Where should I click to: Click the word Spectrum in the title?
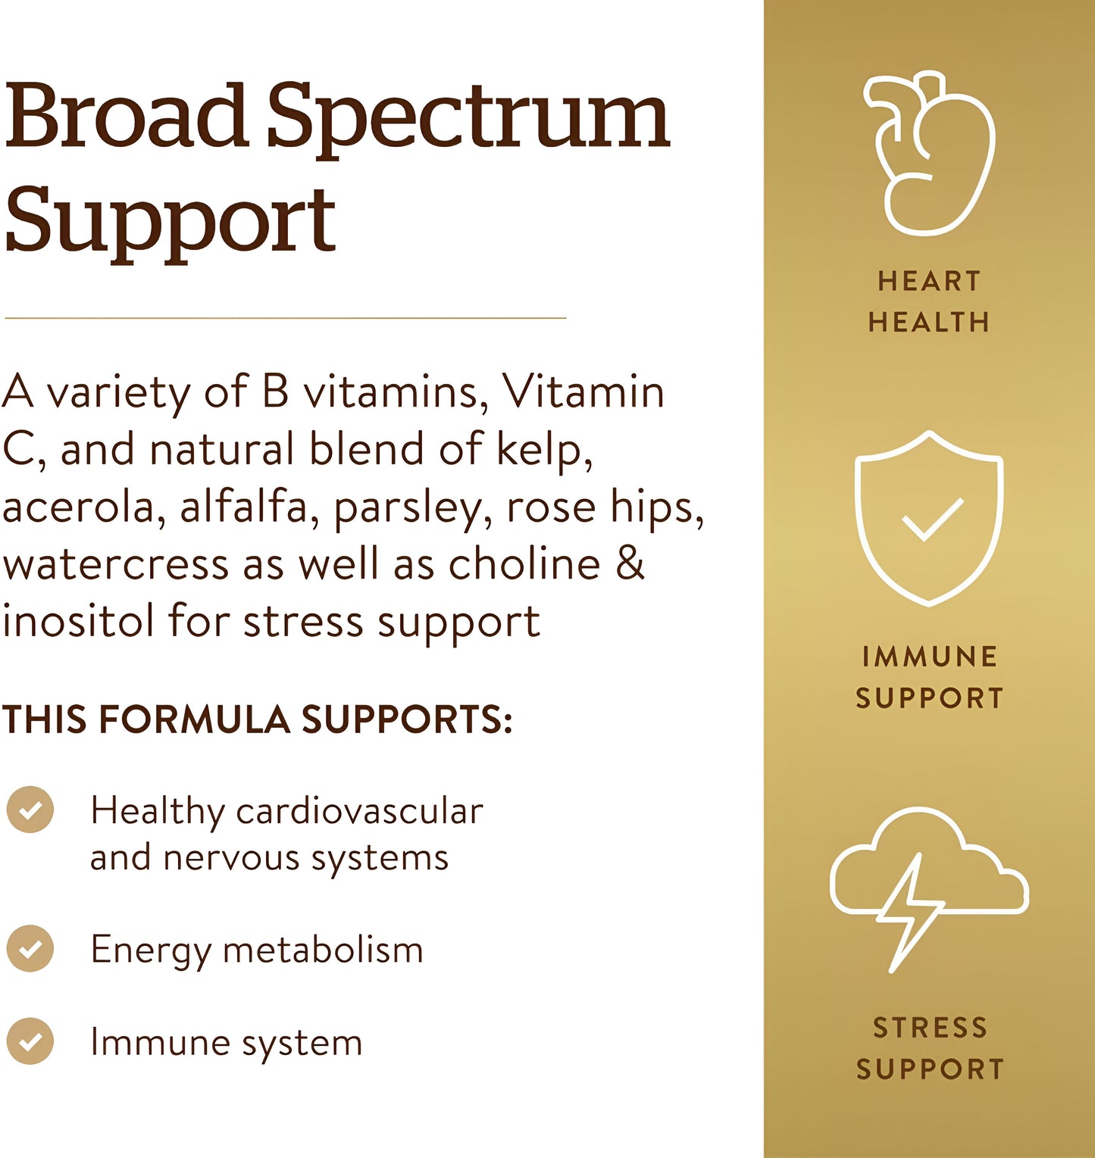[x=468, y=117]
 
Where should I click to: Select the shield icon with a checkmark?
[x=929, y=519]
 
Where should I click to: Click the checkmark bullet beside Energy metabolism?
[x=30, y=948]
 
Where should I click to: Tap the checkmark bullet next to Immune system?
[x=30, y=1041]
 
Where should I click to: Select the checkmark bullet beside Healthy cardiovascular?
[x=30, y=810]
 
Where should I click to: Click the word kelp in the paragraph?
[x=543, y=450]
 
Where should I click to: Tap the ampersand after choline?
[x=630, y=564]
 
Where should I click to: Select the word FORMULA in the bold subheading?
[x=194, y=719]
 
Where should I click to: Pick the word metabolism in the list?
[x=323, y=950]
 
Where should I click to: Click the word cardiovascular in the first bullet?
[x=359, y=811]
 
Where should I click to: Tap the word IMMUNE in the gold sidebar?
[x=930, y=657]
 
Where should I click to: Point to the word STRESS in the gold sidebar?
[x=930, y=1028]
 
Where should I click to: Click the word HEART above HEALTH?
[x=929, y=282]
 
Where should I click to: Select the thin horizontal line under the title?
[x=285, y=318]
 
